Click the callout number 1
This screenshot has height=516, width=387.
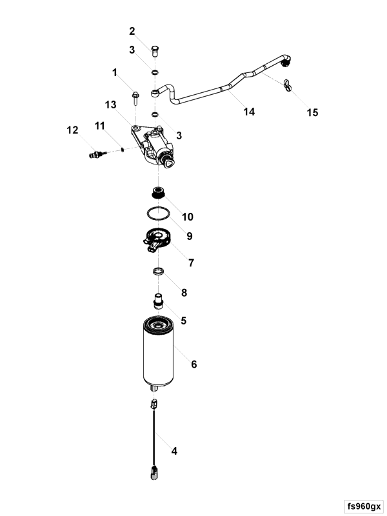(115, 73)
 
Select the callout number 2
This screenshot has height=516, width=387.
(132, 31)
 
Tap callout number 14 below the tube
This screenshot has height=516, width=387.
(249, 112)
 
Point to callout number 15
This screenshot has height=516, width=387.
(312, 113)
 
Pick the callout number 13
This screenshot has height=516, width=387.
(110, 105)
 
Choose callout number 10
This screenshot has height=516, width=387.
(187, 217)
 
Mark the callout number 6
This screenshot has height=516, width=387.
(193, 364)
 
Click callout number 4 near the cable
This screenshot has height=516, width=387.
(174, 451)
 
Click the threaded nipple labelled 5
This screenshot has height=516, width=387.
(157, 301)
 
